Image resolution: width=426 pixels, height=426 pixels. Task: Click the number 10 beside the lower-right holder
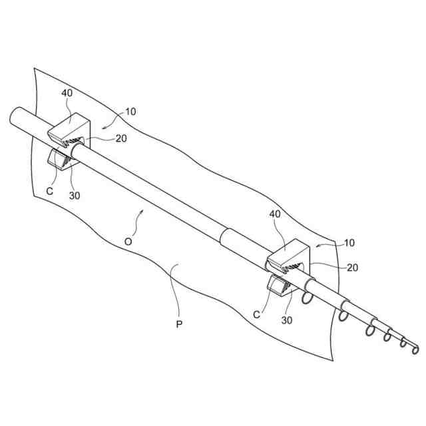tap(349, 244)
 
